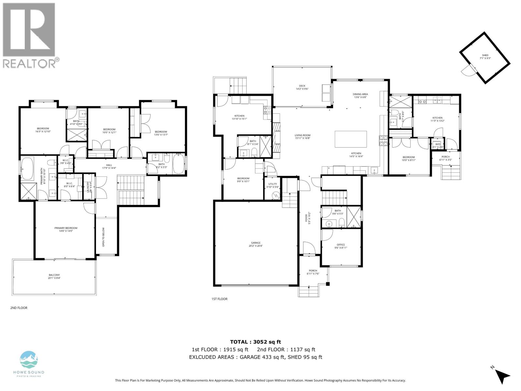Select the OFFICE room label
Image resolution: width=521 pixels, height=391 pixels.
341,246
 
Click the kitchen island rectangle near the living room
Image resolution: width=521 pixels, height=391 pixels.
351,139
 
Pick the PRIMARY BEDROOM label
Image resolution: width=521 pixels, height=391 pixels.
66,229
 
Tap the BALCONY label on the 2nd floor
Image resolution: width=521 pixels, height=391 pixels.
54,276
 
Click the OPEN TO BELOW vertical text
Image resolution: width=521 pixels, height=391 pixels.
104,237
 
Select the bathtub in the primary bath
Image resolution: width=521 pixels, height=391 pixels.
27,168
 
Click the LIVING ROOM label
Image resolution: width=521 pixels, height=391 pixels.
303,137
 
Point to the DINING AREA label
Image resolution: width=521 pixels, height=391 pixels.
360,95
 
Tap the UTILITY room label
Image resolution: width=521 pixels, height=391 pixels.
273,185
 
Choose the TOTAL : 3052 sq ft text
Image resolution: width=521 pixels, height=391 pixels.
255,342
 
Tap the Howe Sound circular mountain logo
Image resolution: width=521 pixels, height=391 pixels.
29,360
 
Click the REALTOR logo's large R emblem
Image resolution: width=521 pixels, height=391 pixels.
29,30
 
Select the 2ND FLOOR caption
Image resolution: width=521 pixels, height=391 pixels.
19,308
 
